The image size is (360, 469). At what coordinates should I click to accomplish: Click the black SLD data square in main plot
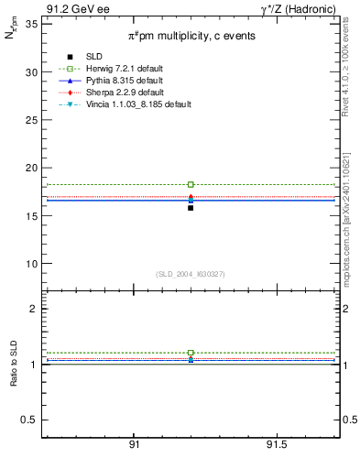(x=191, y=208)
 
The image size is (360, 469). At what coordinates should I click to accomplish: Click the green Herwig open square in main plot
(x=191, y=184)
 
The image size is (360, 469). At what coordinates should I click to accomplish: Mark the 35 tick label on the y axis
(x=31, y=24)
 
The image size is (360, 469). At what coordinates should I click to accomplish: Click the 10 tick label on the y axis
(x=31, y=264)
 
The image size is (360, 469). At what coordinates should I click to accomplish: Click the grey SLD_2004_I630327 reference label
(x=191, y=274)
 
